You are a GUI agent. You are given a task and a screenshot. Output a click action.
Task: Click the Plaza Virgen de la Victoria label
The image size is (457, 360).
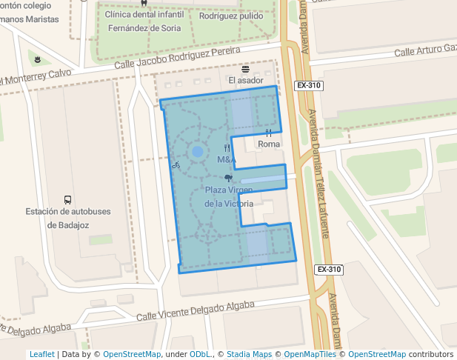click(229, 196)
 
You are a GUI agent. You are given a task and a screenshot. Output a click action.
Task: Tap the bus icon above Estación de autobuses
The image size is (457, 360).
click(67, 199)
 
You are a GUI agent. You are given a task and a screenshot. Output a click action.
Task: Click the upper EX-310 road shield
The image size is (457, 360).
click(308, 86)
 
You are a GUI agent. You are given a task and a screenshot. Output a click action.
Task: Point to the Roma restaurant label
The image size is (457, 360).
click(269, 144)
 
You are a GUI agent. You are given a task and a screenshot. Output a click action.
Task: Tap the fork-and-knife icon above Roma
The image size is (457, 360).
click(268, 133)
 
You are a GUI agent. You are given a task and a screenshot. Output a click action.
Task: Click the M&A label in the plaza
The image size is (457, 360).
click(227, 159)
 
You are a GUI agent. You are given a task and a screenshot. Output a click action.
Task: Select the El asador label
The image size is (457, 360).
click(245, 80)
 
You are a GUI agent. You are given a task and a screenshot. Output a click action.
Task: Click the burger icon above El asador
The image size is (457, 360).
click(245, 68)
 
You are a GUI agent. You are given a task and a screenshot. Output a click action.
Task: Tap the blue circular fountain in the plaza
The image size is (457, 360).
click(197, 152)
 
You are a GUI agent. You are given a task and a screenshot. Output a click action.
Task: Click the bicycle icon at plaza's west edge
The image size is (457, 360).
click(176, 164)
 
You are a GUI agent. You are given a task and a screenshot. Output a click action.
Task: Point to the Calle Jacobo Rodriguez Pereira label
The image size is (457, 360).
click(177, 60)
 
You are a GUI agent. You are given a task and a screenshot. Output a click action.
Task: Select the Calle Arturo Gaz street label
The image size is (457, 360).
click(424, 50)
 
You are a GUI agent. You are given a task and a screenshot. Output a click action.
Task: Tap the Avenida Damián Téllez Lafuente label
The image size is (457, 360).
click(319, 174)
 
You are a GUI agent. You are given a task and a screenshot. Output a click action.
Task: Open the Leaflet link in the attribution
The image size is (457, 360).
click(41, 354)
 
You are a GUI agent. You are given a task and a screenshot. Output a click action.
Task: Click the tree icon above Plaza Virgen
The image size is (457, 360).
click(228, 178)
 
